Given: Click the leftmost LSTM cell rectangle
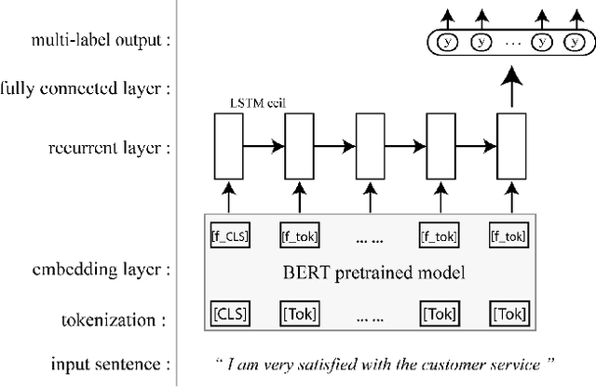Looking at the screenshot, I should click(x=228, y=145).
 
